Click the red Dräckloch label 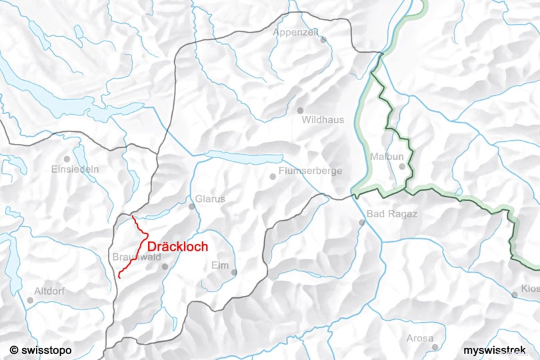click(x=177, y=246)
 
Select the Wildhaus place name click(x=323, y=120)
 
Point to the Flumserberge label click(x=310, y=171)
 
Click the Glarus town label click(x=210, y=199)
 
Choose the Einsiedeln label click(x=75, y=169)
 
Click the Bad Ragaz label click(x=392, y=214)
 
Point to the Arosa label click(x=420, y=338)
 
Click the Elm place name click(x=219, y=265)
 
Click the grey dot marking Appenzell click(x=323, y=39)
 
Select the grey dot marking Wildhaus click(x=300, y=110)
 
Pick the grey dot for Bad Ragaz click(x=362, y=222)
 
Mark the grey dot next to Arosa click(x=435, y=347)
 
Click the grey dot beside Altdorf click(x=30, y=300)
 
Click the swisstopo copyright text click(x=41, y=349)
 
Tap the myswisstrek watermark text click(x=499, y=349)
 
